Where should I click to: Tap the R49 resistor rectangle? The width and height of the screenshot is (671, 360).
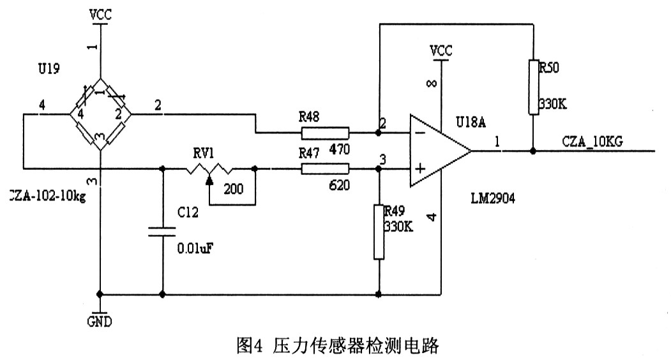(379, 232)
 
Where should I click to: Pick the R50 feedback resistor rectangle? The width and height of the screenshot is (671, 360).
(532, 87)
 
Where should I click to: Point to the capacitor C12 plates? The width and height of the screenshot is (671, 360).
(162, 231)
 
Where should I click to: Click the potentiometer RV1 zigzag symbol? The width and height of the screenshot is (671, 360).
(209, 169)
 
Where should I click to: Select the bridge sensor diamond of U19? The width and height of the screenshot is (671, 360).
(100, 115)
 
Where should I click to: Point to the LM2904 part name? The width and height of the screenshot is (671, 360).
(492, 199)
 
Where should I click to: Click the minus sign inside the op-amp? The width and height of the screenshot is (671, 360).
(421, 134)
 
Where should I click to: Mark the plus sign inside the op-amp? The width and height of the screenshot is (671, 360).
(421, 169)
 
